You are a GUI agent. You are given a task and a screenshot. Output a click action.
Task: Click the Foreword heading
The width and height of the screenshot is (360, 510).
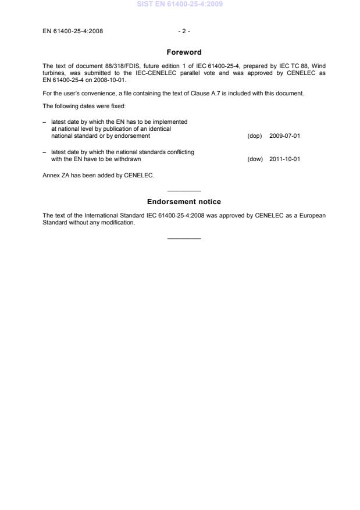click(184, 52)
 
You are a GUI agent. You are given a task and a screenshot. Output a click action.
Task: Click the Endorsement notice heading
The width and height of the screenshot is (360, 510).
click(184, 202)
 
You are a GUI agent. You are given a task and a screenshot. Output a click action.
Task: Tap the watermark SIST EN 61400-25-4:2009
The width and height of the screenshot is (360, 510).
click(180, 5)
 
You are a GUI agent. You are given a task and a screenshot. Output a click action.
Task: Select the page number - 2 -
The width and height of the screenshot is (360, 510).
click(184, 31)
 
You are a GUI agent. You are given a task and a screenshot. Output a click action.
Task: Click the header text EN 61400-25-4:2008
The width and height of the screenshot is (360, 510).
click(73, 31)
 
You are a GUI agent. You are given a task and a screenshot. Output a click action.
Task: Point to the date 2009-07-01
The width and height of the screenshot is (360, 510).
click(284, 135)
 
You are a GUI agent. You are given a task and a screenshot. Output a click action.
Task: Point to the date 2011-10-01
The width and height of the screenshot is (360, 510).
click(284, 159)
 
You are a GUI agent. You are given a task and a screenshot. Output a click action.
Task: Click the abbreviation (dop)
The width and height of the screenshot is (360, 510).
click(255, 135)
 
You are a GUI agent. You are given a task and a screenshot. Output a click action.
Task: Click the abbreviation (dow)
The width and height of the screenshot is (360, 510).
click(255, 159)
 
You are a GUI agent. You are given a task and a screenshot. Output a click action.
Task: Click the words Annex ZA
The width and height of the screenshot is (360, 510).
click(55, 175)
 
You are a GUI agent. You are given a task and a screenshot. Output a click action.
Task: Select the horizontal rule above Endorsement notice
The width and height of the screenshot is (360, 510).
click(184, 191)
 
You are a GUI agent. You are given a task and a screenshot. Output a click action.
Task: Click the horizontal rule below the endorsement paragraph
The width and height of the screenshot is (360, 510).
click(184, 238)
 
